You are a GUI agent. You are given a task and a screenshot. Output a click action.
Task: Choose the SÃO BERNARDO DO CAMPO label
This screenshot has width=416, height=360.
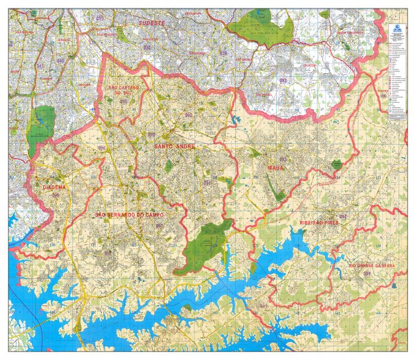129,214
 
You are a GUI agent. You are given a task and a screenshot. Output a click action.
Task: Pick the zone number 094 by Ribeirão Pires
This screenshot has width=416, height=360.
343,217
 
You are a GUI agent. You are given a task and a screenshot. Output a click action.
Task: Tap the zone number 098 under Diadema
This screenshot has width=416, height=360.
56,195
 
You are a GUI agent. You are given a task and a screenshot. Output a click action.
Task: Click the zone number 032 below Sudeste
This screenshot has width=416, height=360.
147,47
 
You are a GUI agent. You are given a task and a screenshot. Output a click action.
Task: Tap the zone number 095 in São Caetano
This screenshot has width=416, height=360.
124,102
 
